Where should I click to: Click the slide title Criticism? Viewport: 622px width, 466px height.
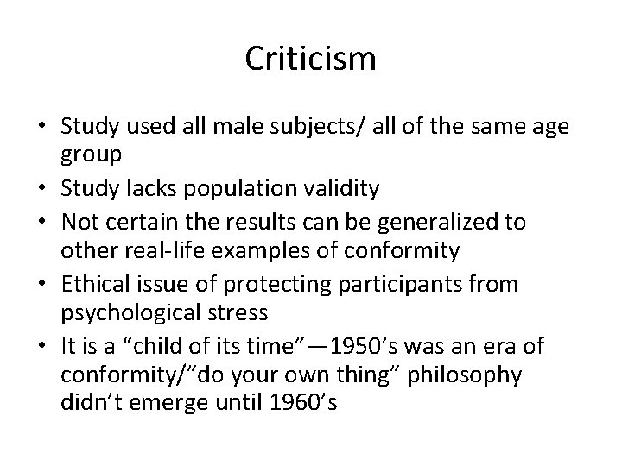(x=310, y=59)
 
